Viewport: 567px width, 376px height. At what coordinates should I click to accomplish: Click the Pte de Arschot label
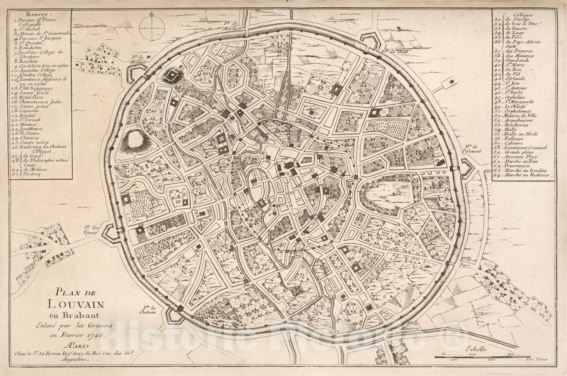coord(232,26)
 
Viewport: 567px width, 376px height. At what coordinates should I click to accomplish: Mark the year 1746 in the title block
coord(94,334)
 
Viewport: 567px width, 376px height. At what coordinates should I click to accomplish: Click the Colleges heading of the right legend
coord(515,15)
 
